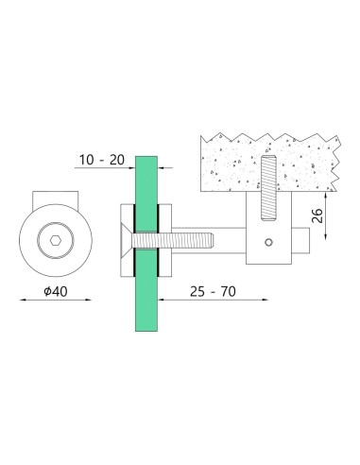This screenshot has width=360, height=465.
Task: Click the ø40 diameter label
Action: click(54, 292)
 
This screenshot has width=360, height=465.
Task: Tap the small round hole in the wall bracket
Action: click(271, 243)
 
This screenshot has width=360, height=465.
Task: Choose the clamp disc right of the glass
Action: click(163, 242)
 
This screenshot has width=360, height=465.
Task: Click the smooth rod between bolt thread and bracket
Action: click(231, 242)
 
